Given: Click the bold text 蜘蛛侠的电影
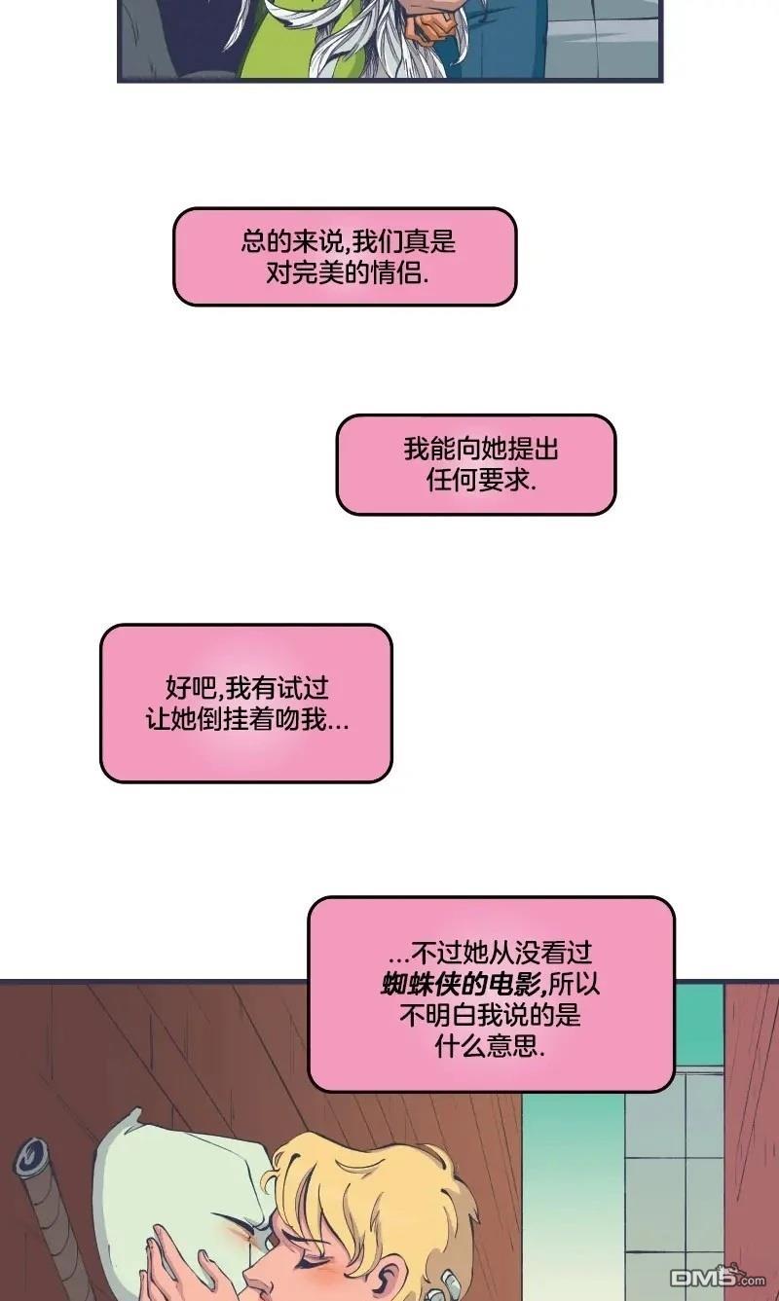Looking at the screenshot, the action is pyautogui.click(x=462, y=984).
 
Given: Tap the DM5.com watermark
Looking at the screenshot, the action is pyautogui.click(x=719, y=1277).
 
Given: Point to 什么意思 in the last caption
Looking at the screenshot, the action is pyautogui.click(x=487, y=1046).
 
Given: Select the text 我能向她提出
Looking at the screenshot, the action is pyautogui.click(x=481, y=449).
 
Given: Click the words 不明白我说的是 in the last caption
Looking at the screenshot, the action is pyautogui.click(x=490, y=1015).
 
